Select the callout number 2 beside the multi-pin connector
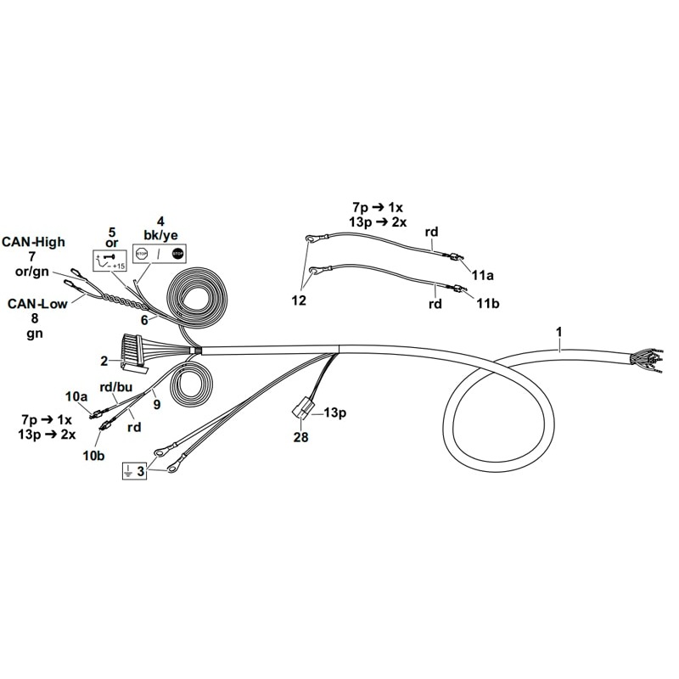(104, 361)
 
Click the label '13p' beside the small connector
(336, 412)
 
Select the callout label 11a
(482, 275)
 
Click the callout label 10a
(76, 396)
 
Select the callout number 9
(156, 404)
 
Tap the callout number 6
(144, 320)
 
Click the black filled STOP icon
(177, 254)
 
